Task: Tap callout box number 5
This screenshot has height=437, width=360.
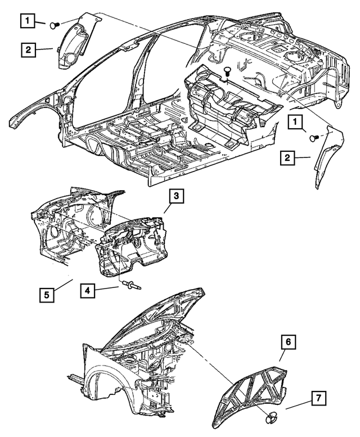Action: click(47, 294)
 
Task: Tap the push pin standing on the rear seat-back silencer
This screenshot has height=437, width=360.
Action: click(226, 71)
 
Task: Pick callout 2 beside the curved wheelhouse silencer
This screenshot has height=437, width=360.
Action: click(27, 49)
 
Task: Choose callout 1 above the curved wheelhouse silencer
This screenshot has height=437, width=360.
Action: click(26, 21)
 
